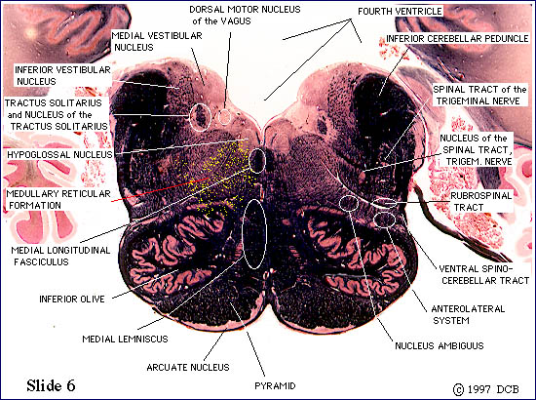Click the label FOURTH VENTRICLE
click(400, 12)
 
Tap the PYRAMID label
click(275, 386)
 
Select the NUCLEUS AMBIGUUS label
click(440, 345)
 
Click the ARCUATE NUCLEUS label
click(188, 367)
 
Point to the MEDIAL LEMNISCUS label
click(125, 340)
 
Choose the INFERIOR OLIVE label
click(72, 299)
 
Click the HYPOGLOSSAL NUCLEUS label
click(59, 154)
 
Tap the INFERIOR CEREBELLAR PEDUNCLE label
click(457, 38)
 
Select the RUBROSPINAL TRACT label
click(481, 202)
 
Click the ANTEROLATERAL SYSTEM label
click(468, 314)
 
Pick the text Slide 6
click(51, 385)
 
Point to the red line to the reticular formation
click(160, 189)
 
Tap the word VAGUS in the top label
click(236, 21)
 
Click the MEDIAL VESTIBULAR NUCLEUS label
click(157, 41)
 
